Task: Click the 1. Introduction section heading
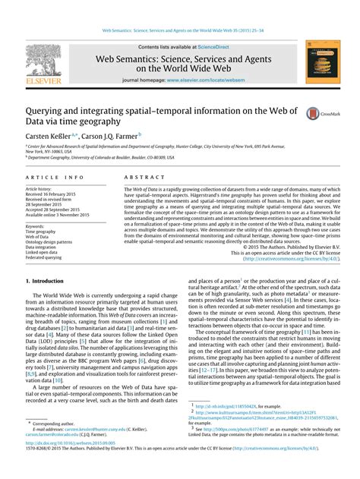[x=45, y=280]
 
